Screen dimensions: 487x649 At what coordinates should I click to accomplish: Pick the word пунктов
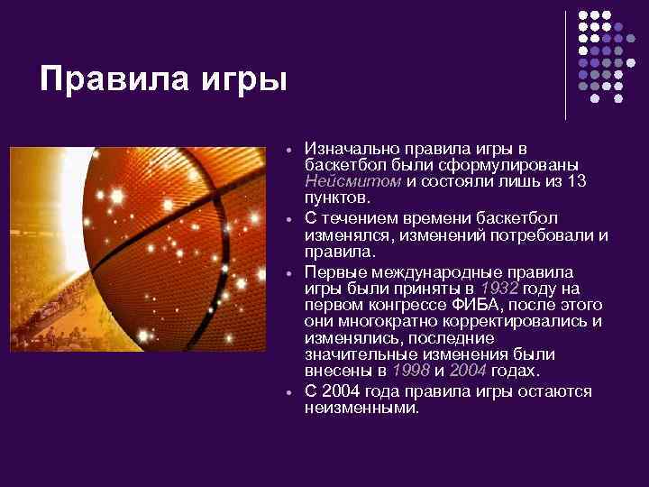tap(336, 197)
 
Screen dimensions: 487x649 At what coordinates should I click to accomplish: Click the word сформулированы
tap(501, 164)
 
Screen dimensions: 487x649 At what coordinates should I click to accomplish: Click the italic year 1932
tap(499, 289)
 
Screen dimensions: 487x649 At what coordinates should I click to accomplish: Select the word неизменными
tap(361, 408)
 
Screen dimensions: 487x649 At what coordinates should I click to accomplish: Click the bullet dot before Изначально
tap(285, 149)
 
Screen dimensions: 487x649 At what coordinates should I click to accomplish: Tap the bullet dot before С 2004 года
tap(285, 392)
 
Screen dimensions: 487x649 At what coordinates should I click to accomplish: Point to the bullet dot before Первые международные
tap(285, 272)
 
